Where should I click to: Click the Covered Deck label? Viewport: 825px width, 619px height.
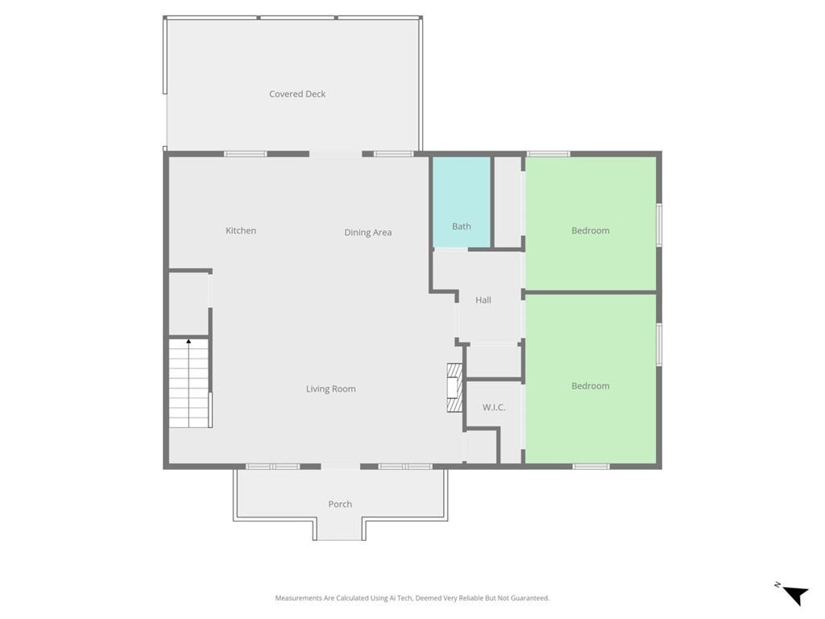(297, 94)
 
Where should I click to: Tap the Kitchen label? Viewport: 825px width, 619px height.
(241, 231)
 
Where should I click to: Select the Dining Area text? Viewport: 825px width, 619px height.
(367, 232)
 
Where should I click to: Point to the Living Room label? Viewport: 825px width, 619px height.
(331, 389)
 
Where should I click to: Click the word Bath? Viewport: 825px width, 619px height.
(462, 226)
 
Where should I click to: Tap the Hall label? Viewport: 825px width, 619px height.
(483, 300)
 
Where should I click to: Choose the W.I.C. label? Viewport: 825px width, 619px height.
(494, 407)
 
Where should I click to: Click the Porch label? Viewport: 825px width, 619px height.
(340, 505)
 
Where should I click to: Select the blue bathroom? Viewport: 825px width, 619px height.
(462, 202)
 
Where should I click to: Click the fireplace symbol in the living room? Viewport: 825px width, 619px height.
(454, 388)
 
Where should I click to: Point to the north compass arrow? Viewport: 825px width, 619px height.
(796, 596)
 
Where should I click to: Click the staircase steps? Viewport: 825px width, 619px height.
(189, 383)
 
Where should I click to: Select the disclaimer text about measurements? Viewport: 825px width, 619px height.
(412, 598)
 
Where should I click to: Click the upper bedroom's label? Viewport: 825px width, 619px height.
(591, 231)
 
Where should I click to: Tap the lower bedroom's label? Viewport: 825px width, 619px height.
(591, 386)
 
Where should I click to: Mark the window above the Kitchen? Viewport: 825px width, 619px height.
(245, 154)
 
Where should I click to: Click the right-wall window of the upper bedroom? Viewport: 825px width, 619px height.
(659, 225)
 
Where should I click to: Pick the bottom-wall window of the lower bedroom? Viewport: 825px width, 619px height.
(591, 467)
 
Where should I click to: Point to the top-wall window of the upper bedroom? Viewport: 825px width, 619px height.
(548, 154)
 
